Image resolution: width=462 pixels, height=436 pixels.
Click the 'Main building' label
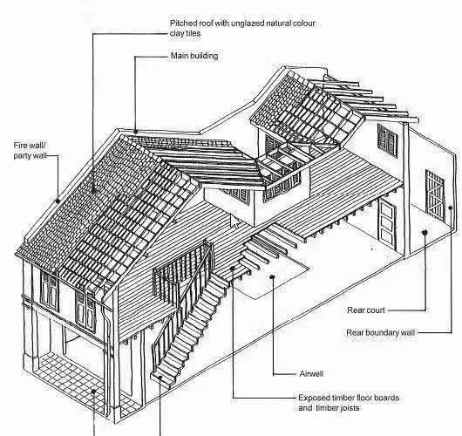pos(194,56)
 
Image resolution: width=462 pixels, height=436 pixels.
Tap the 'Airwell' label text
pos(311,374)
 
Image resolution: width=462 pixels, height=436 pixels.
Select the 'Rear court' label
pos(366,310)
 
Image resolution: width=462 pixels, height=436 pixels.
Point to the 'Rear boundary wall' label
pos(380,333)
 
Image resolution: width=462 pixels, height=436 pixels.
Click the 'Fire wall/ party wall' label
pos(30,150)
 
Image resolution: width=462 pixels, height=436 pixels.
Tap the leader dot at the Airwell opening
pos(273,276)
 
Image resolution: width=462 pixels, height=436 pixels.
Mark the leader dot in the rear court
pos(425,233)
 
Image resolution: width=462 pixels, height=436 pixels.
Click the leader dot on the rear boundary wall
pos(450,208)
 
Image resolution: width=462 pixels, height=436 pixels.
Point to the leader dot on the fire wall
pos(58,201)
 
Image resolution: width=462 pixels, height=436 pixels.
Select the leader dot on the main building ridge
pos(135,132)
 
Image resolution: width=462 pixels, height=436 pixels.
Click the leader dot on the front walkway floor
pos(93,392)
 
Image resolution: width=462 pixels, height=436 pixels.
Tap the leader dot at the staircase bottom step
pos(160,377)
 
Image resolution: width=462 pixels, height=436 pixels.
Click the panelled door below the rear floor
pos(387,222)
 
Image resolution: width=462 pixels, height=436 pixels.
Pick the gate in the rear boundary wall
pos(435,195)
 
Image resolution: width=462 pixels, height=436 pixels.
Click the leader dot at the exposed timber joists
pos(233,269)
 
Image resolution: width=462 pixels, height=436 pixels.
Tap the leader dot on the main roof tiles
pos(94,190)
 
